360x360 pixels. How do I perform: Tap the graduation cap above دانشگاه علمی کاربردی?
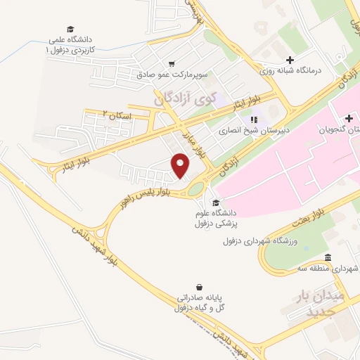[x=70, y=29]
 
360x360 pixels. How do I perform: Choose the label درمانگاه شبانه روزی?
[x=290, y=71]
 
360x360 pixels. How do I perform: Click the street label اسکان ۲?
[x=116, y=113]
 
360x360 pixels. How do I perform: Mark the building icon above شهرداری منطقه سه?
[x=328, y=257]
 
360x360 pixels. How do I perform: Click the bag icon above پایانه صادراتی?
[x=200, y=287]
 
